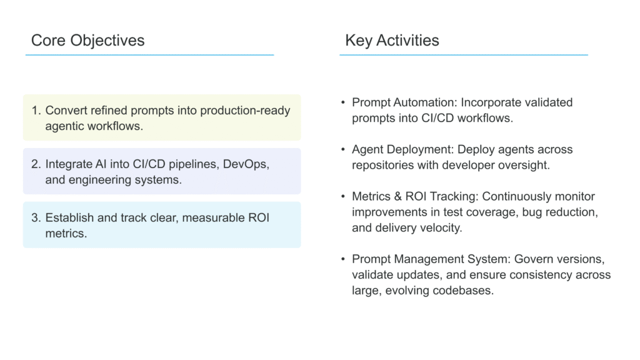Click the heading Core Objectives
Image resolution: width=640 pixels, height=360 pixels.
[87, 41]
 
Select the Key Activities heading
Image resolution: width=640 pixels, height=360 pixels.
[392, 41]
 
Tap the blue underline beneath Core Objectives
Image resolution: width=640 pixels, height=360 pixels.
[149, 55]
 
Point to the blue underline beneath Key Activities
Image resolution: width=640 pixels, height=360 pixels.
[464, 55]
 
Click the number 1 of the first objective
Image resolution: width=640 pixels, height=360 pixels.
[36, 110]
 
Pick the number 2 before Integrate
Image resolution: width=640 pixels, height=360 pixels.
[36, 164]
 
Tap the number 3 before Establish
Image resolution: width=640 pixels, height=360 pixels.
[36, 217]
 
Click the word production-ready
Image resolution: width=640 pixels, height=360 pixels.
[245, 111]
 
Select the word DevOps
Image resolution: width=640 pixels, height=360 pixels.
[246, 164]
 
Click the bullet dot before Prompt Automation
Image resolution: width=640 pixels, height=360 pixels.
[343, 102]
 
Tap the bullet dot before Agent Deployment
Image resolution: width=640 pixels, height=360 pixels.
[343, 149]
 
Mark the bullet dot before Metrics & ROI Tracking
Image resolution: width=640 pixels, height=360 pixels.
[343, 196]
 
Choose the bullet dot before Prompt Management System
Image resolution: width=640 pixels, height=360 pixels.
[343, 259]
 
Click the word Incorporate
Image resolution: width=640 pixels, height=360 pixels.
[485, 102]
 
